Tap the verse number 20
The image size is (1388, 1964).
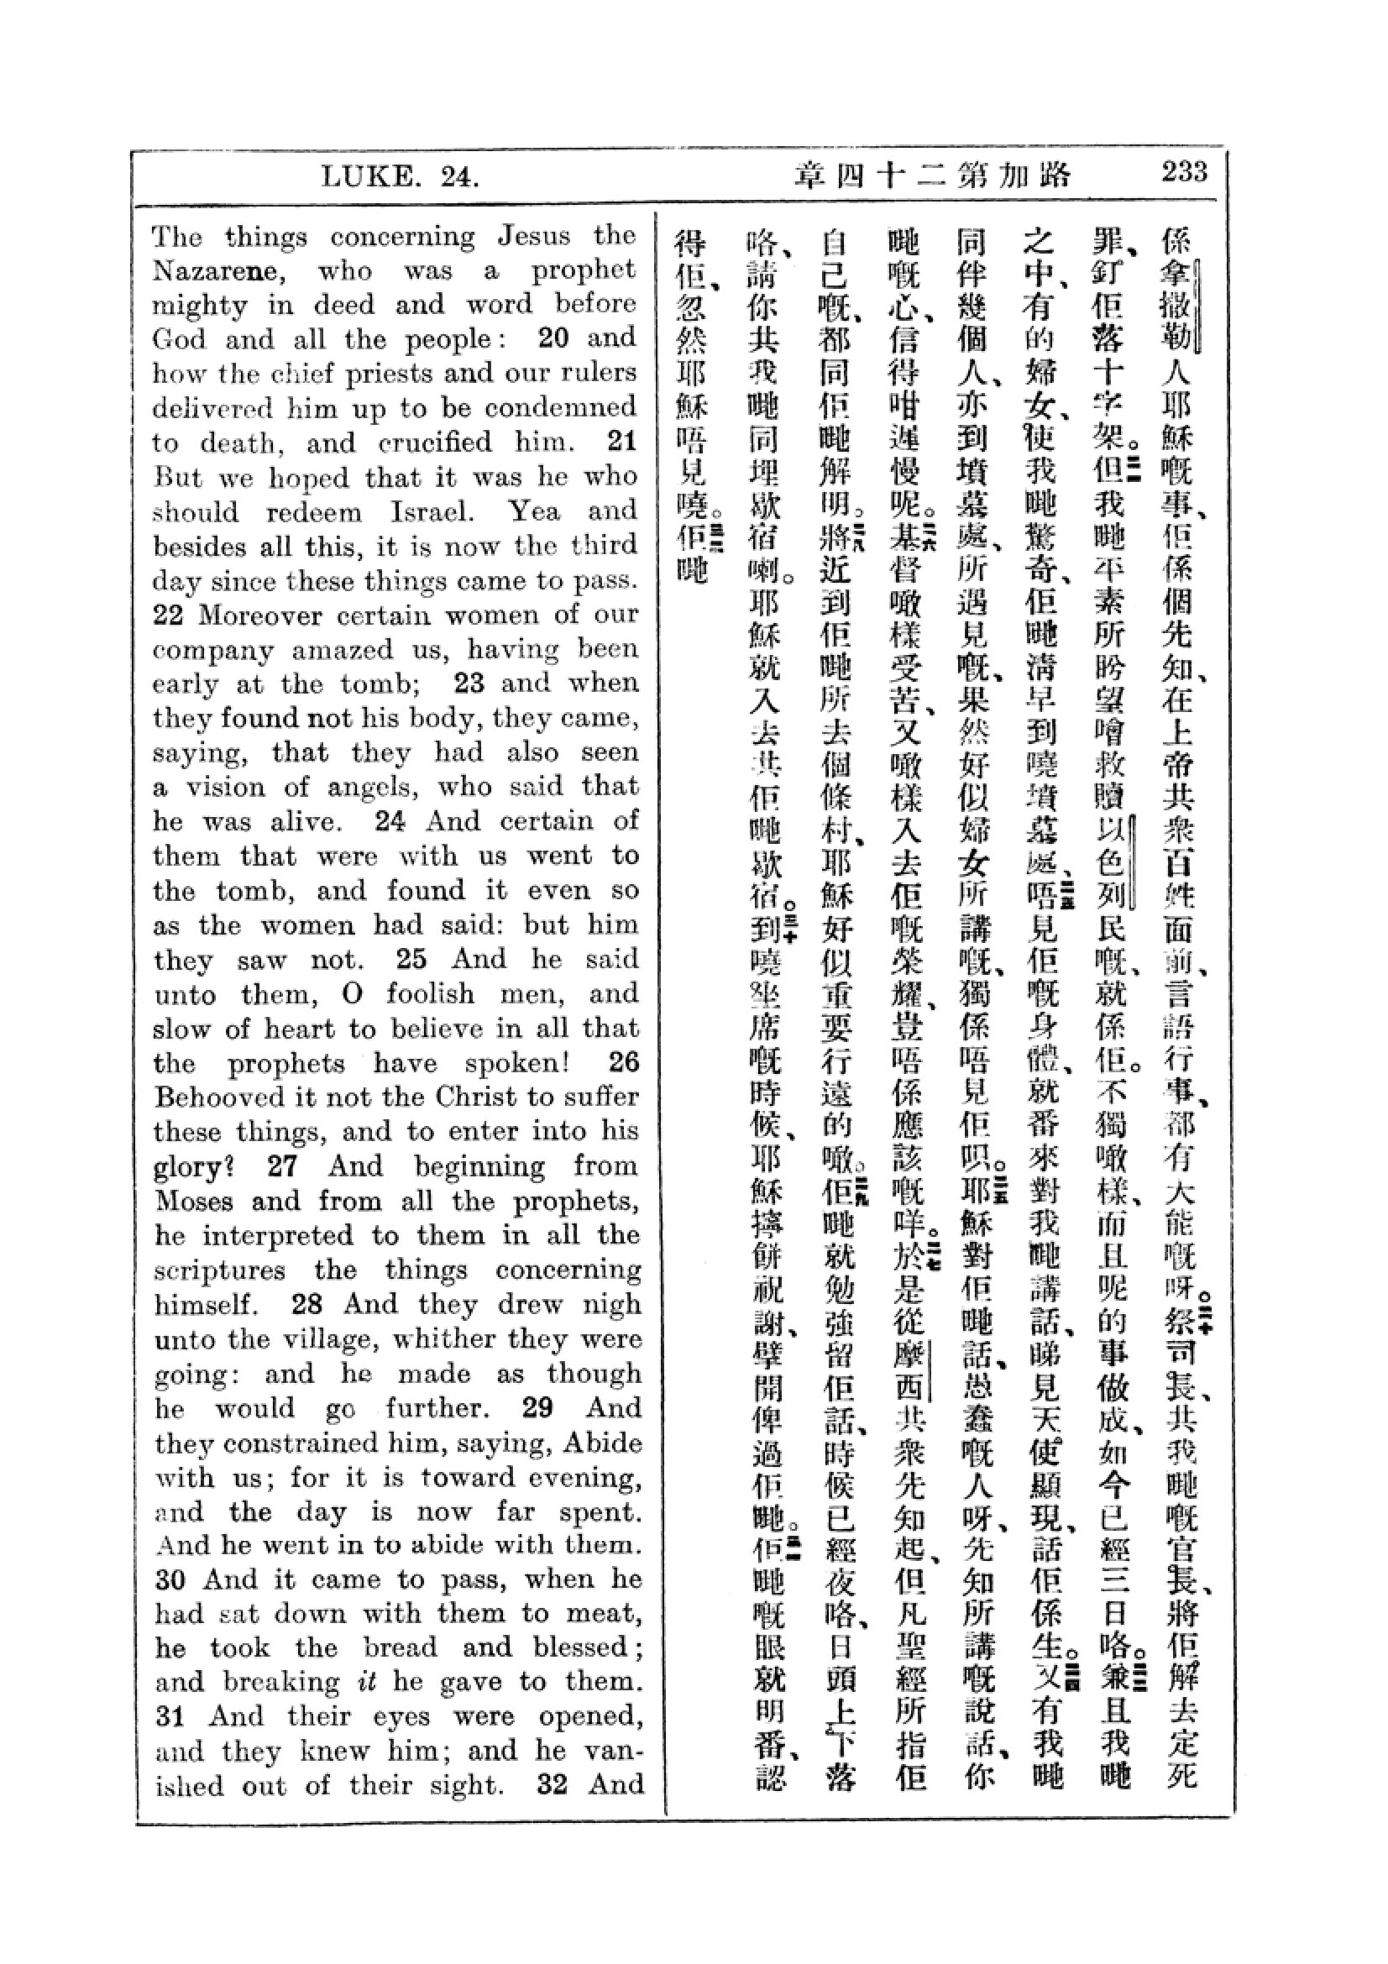(553, 338)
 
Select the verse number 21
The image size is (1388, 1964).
(621, 442)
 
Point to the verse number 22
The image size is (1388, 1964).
(168, 615)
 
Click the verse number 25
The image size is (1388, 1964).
(411, 959)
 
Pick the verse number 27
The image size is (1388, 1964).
(281, 1167)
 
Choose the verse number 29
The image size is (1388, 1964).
(537, 1407)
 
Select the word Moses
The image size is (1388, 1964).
(193, 1201)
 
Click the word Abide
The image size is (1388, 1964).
(600, 1443)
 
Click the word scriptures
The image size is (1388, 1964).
(220, 1270)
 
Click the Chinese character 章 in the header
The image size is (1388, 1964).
(811, 176)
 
